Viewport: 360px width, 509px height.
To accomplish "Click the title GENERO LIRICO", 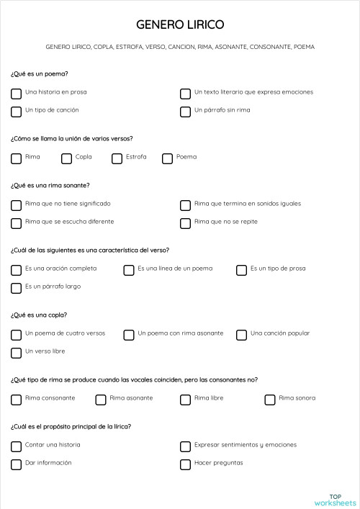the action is [180, 24].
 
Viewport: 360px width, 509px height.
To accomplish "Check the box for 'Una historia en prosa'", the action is [16, 94].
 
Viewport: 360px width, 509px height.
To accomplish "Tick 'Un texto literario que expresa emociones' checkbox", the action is [185, 94].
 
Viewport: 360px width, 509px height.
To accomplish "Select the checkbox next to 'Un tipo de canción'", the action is [16, 112].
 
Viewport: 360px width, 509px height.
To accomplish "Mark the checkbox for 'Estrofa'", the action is [117, 158].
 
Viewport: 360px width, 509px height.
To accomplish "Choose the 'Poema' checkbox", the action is [167, 158].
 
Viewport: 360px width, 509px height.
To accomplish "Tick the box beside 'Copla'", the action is [66, 158].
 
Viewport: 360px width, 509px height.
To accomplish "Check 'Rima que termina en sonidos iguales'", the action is [185, 205].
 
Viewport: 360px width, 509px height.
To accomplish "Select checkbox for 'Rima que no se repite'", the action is [185, 223].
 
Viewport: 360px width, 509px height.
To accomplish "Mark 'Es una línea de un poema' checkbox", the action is [129, 270].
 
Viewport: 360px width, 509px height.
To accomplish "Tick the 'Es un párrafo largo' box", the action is [16, 288].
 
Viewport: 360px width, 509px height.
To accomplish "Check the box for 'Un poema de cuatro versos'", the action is [16, 335].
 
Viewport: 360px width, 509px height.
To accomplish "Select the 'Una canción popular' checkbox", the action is [241, 335].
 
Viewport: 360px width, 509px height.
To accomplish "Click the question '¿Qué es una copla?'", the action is [40, 315].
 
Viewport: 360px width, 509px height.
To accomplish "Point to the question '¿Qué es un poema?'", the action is [40, 73].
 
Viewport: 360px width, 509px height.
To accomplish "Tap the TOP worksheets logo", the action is [335, 499].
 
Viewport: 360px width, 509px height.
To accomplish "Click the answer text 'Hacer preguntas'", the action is [219, 463].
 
